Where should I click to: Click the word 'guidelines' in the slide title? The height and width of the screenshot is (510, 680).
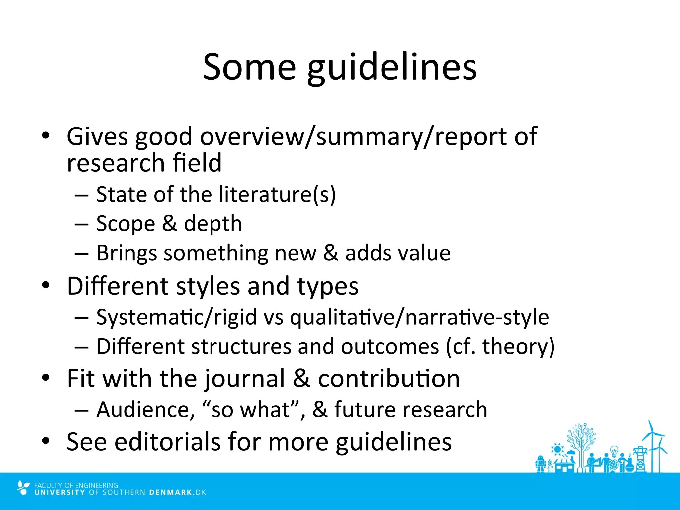[x=392, y=68]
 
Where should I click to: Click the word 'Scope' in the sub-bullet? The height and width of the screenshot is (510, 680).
[x=126, y=224]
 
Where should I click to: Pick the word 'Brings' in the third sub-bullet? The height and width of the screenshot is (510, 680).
[x=127, y=254]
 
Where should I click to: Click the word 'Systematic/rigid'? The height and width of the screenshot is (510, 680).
[x=176, y=317]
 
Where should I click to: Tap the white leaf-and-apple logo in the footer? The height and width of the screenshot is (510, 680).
[x=23, y=488]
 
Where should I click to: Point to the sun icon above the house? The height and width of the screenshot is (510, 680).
[x=557, y=449]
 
